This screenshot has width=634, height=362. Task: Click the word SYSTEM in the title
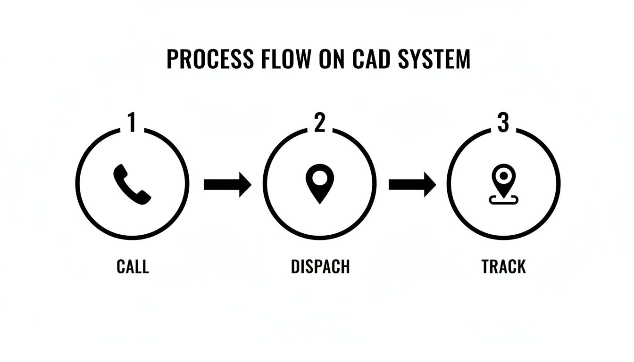(434, 59)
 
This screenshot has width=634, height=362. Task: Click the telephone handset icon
(132, 184)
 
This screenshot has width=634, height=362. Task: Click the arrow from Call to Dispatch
(227, 184)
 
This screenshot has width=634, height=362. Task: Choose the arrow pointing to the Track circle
(412, 184)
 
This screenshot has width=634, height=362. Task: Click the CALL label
(133, 267)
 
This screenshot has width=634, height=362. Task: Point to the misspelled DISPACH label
(320, 267)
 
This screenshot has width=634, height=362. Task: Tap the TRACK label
(503, 267)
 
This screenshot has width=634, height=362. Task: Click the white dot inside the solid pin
(319, 178)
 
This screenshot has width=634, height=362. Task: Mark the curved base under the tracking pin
(503, 201)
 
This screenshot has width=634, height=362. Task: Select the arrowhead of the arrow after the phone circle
(244, 184)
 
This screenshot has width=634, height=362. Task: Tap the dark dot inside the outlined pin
(503, 176)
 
